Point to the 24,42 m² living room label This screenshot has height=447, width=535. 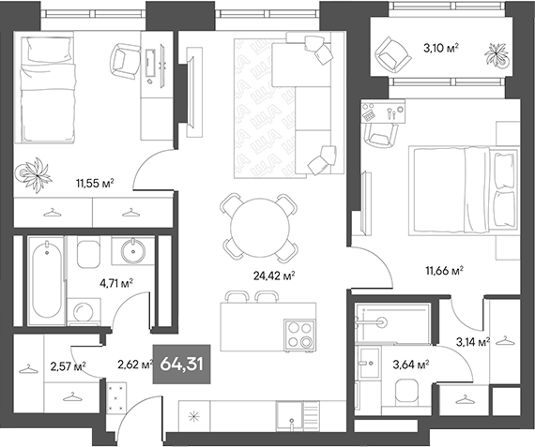pyautogui.click(x=276, y=276)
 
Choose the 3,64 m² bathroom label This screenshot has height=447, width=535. pyautogui.click(x=410, y=364)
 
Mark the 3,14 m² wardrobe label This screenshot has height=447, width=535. pyautogui.click(x=471, y=343)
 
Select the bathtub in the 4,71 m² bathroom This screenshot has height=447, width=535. pyautogui.click(x=45, y=278)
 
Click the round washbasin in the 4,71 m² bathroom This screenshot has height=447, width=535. pyautogui.click(x=130, y=251)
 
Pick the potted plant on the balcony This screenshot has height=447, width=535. pyautogui.click(x=496, y=56)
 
